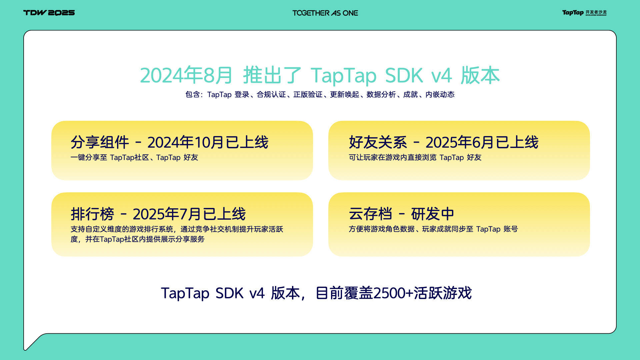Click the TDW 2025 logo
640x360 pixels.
coord(49,13)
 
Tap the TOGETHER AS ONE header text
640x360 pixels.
coord(325,13)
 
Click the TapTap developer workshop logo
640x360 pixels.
coord(584,13)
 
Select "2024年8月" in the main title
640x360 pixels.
coord(186,75)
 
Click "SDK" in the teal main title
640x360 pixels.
coord(404,75)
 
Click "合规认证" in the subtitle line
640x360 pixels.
coord(271,95)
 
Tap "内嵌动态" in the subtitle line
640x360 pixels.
coord(440,95)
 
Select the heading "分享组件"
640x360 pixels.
coord(100,142)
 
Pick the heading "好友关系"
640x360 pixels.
coord(378,142)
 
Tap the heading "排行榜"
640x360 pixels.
coord(92,214)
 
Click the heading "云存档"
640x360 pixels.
coord(371,214)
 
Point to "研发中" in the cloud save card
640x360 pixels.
coord(433,214)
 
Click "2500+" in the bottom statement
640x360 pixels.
coord(393,293)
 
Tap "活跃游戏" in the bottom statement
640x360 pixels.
coord(443,293)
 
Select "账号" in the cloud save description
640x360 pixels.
coord(511,229)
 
